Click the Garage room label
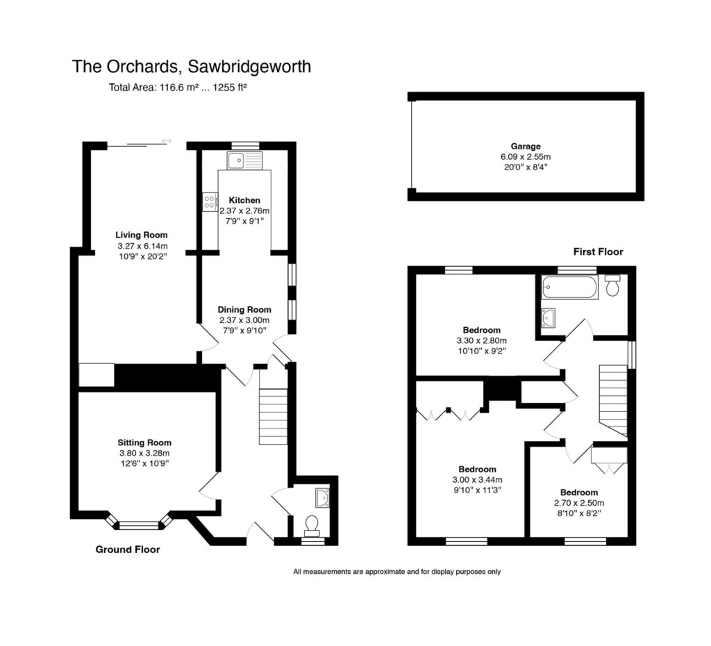[x=526, y=147]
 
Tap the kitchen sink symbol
[x=242, y=161]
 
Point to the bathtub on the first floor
[x=569, y=287]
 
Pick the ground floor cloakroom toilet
[x=311, y=524]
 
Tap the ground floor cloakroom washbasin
[x=321, y=497]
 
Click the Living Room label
[x=142, y=235]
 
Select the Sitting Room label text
[x=144, y=442]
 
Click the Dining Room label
[x=244, y=310]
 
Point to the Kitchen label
[x=244, y=200]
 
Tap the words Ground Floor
[x=128, y=549]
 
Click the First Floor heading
[x=598, y=251]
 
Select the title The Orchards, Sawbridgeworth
[x=192, y=67]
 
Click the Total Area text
[x=178, y=88]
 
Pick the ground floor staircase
[x=273, y=416]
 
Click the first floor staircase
[x=612, y=400]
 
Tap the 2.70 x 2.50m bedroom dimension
[x=578, y=504]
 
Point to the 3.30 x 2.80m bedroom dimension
[x=482, y=341]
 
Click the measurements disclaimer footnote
[x=396, y=572]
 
